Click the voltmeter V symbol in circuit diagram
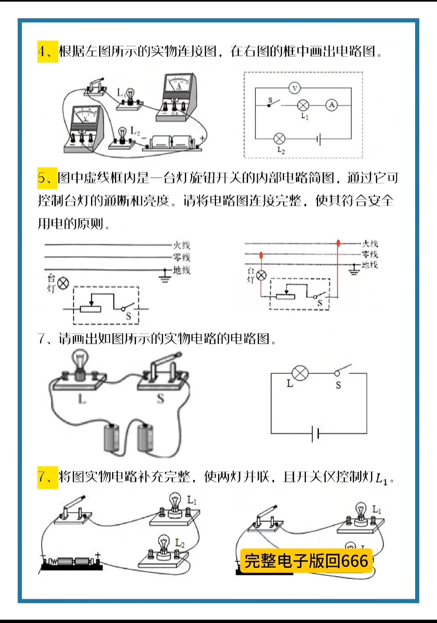pos(295,88)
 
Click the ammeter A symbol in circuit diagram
pos(331,105)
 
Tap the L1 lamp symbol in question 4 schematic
pos(303,105)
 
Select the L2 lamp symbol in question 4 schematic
pos(279,139)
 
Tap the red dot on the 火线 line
pos(338,243)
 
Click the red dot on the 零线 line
pos(261,254)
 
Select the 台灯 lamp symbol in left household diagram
pos(63,283)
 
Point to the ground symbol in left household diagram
pos(165,276)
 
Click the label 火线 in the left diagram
pos(181,245)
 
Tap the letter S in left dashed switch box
pos(128,316)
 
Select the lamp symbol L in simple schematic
pos(300,373)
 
